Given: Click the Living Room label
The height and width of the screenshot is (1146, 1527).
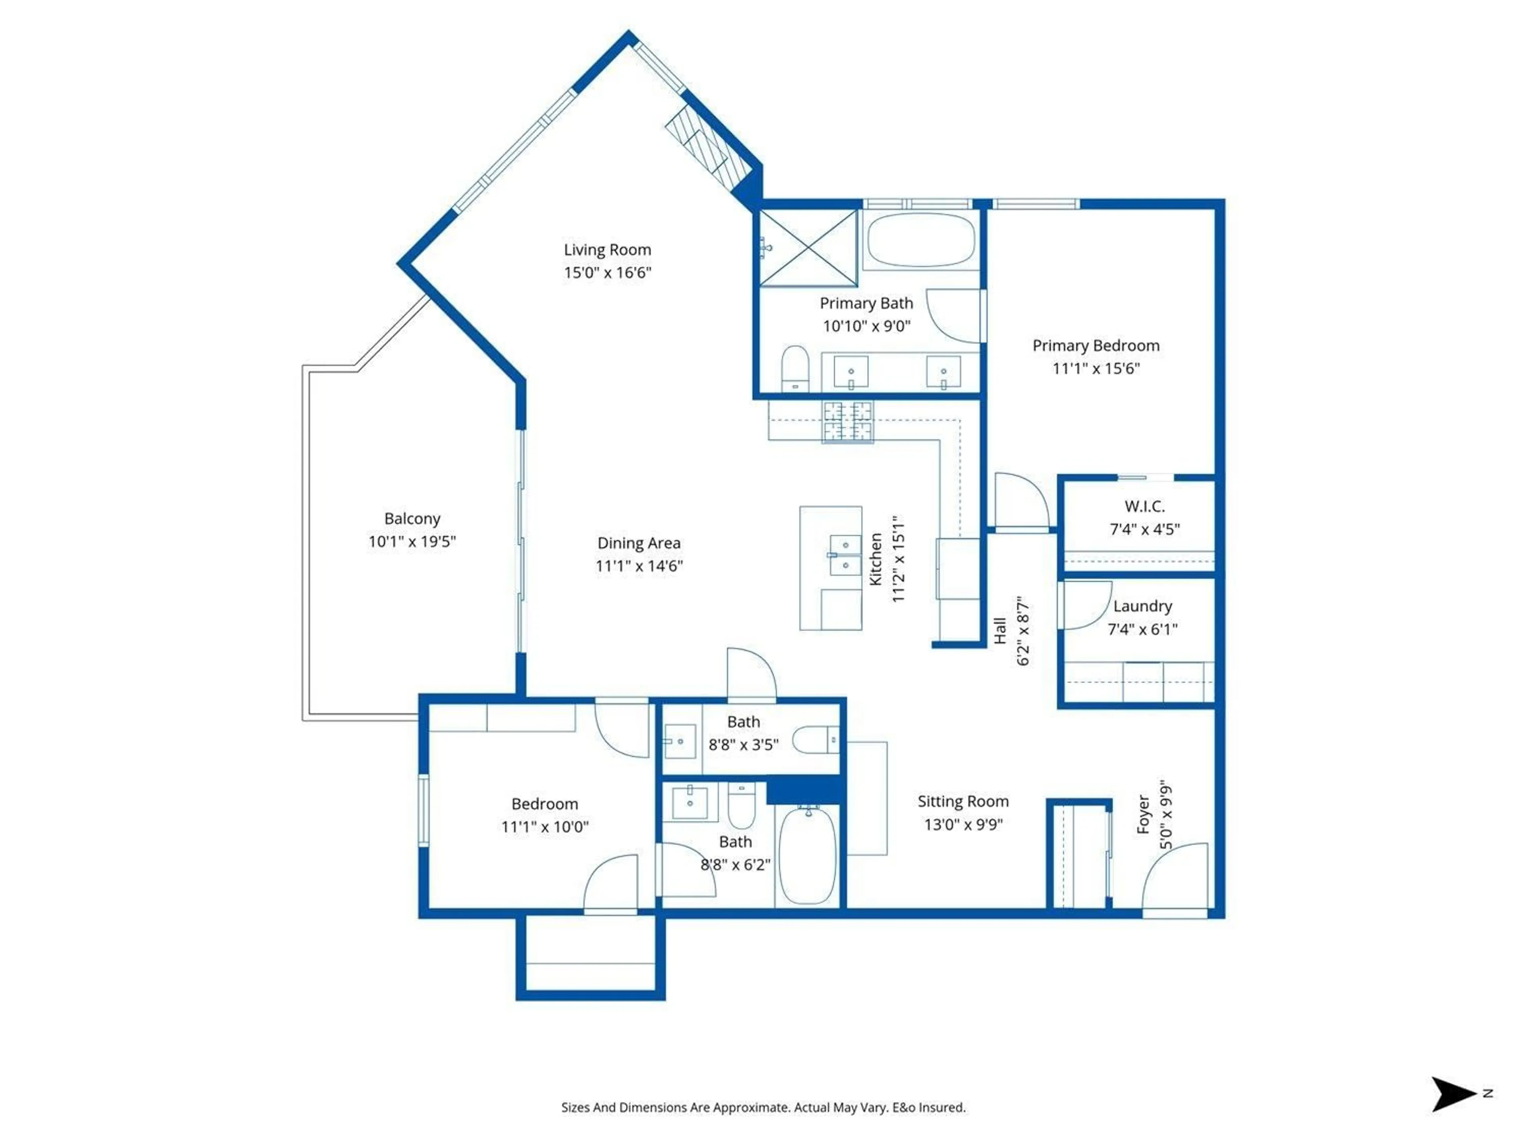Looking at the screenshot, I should coord(607,249).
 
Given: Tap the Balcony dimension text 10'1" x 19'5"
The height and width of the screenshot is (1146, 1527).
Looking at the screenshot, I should coord(412,542).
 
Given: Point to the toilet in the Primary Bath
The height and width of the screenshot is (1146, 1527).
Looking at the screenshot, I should coord(795,368).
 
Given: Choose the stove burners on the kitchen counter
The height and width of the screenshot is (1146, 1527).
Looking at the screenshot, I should coord(847,421).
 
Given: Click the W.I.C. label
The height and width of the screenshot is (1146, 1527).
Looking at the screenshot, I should coord(1144,506).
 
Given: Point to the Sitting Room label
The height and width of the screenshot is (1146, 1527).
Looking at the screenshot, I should coord(963,801).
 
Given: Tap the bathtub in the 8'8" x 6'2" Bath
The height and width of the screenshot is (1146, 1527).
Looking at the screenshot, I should coord(807,855).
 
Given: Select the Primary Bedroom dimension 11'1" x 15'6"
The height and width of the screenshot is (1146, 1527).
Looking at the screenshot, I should coord(1096,369).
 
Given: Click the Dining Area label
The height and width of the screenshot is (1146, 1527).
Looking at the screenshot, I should coord(639,543).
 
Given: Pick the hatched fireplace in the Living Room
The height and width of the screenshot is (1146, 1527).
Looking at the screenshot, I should coord(707,148).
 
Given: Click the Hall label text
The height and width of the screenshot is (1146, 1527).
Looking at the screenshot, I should coord(1000,631).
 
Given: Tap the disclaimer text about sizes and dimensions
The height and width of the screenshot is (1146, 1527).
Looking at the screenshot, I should coord(763,1107).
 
